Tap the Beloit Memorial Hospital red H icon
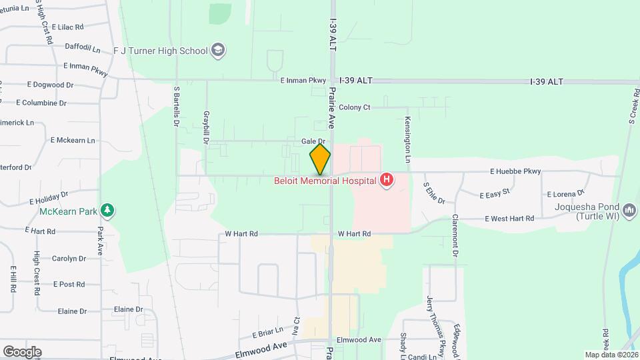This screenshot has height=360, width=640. coord(385,179)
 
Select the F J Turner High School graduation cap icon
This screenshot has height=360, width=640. coord(218,50)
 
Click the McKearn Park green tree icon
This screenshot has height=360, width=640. coord(107,211)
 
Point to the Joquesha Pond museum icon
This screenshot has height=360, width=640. coord(629,212)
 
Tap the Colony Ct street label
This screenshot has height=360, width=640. coord(354,107)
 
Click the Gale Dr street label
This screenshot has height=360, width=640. coord(312,141)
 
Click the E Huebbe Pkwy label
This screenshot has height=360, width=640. coord(515,171)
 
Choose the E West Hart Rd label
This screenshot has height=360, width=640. coord(509,218)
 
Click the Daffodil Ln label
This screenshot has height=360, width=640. coord(83,48)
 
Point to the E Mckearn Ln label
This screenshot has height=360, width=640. coord(73,141)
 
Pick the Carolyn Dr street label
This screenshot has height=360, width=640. coord(69,259)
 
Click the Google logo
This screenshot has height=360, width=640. coord(22,352)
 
